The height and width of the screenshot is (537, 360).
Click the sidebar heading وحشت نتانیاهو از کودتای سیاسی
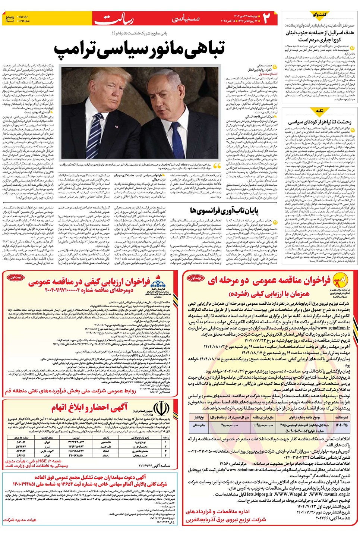[319, 122]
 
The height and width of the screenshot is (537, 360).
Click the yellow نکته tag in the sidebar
[319, 111]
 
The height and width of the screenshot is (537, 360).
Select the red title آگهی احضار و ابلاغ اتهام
[89, 407]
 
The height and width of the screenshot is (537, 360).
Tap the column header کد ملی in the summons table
[76, 437]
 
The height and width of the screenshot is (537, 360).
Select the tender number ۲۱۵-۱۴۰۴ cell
[341, 425]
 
